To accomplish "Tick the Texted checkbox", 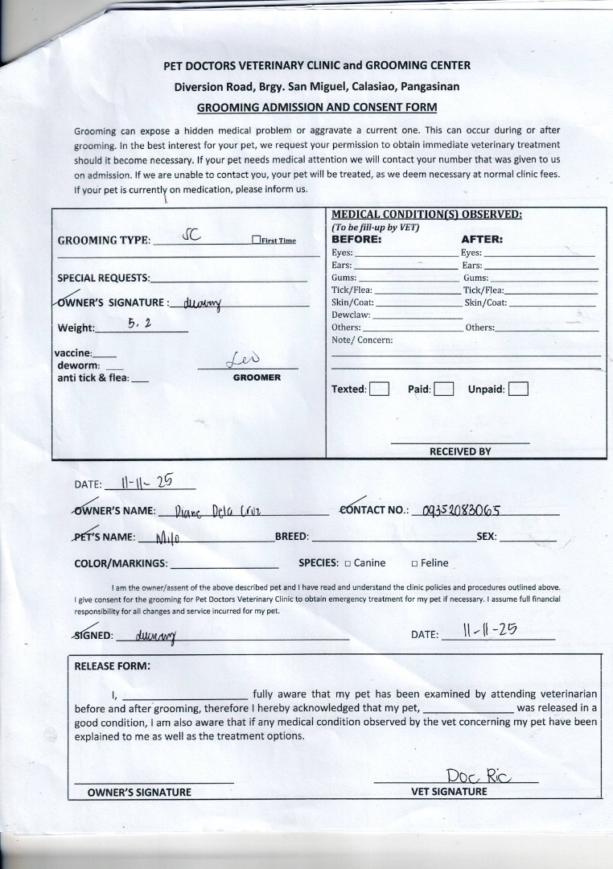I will pos(380,389).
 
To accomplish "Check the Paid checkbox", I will pos(444,389).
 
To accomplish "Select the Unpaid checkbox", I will pos(518,389).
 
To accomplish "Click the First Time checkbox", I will pos(257,240).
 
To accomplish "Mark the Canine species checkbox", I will pos(348,563).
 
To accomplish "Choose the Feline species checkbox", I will pos(414,563).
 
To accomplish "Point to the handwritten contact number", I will pos(462,511).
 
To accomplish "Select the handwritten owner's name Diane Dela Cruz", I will pos(216,511).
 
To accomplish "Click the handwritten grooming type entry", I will pos(191,236).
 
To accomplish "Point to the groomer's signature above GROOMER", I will pos(245,359).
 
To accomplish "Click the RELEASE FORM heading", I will pos(112,665).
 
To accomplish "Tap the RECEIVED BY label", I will pos(459,451).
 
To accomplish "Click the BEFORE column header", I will pos(356,239).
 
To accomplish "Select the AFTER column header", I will pos(482,239).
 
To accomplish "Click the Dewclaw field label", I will pos(351,315).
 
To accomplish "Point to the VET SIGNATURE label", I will pos(449,792).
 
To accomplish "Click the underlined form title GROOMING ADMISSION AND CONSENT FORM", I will pos(316,106).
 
